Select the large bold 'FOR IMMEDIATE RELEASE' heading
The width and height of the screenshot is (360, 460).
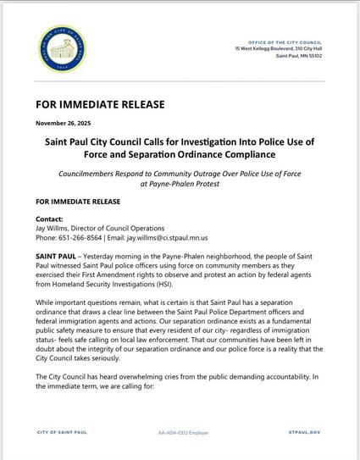pyautogui.click(x=99, y=105)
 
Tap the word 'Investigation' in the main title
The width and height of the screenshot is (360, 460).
pyautogui.click(x=217, y=143)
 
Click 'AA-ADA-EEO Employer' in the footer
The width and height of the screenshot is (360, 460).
pyautogui.click(x=181, y=431)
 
